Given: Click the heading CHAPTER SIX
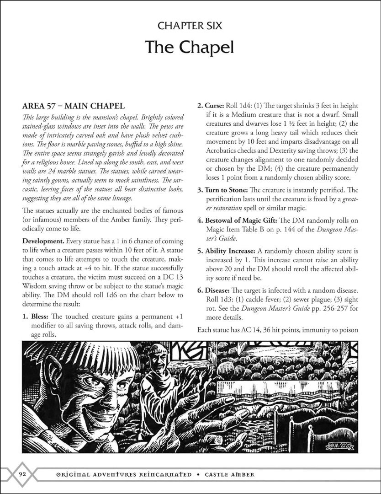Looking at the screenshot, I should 190,26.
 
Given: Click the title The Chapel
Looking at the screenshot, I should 190,47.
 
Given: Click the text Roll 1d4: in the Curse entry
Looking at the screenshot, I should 240,106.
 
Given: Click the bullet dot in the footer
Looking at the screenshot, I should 200,474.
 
